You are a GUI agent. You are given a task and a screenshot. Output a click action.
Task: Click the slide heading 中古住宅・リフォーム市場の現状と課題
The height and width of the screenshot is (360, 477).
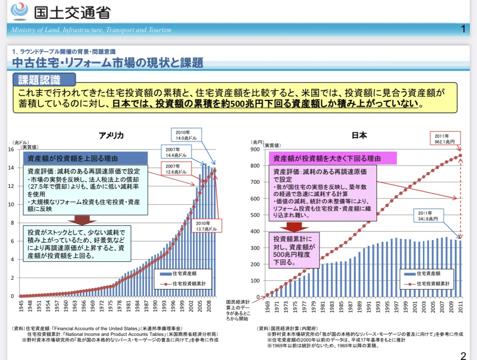[108, 63]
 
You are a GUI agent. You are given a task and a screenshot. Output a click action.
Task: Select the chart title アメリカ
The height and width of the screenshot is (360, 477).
[111, 135]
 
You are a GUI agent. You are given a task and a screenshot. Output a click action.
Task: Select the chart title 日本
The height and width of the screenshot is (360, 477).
[359, 135]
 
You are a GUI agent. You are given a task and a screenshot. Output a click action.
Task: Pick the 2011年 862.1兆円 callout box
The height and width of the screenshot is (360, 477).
[445, 138]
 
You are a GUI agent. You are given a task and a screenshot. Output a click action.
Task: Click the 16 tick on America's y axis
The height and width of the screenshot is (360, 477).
[11, 150]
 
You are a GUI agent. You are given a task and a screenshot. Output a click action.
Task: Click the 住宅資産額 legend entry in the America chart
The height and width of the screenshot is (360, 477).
[180, 273]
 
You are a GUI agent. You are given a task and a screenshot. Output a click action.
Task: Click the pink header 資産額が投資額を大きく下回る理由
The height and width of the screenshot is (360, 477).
[327, 158]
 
